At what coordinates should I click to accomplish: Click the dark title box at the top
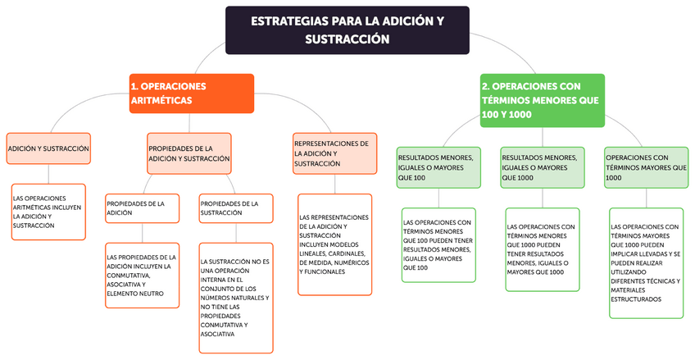coord(347,30)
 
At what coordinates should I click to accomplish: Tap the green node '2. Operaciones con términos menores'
coord(542,100)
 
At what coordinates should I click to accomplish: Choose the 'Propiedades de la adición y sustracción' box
coord(189,153)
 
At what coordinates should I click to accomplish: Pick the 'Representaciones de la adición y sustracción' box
coord(334,153)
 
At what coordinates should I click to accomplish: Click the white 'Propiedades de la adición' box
coord(142,208)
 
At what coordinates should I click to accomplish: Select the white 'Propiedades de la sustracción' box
coord(234,208)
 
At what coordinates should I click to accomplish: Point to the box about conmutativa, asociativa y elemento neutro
coord(142,275)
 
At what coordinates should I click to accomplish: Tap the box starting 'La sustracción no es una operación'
coord(234,294)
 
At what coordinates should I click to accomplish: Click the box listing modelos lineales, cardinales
coord(334,244)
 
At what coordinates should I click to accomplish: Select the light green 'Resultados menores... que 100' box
coord(438,167)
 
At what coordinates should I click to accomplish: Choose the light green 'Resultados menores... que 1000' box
coord(542,167)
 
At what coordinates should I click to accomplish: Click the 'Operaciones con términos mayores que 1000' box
coord(646,167)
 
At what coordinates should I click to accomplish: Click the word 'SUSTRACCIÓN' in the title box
coord(347,39)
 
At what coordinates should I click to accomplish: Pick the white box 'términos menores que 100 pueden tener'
coord(438,244)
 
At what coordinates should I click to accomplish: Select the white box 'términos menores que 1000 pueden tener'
coord(542,249)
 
